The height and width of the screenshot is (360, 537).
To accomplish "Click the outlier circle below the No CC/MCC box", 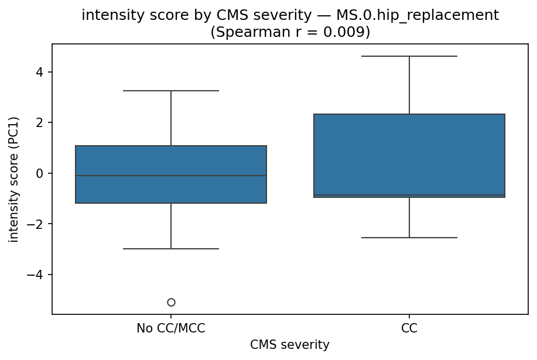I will tap(171, 302).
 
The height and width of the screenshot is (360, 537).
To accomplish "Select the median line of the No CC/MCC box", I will tap(171, 176).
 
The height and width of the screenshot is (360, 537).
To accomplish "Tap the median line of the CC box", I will tap(409, 195).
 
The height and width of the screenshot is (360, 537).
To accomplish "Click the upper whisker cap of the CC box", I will tap(409, 56).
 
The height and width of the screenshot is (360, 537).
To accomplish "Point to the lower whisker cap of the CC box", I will tap(409, 238).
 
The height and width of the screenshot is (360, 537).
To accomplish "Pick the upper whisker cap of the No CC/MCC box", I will tap(171, 91).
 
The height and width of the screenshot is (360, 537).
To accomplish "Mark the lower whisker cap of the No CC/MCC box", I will tap(171, 249).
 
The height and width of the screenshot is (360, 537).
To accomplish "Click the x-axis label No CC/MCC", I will tap(171, 328).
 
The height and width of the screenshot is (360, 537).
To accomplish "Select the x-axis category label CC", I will tap(409, 328).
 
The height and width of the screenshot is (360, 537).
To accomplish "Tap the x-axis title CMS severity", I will tap(290, 345).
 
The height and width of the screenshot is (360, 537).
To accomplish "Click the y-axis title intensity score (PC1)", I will tap(13, 179).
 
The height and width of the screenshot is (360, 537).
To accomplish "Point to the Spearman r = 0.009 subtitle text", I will tap(290, 32).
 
